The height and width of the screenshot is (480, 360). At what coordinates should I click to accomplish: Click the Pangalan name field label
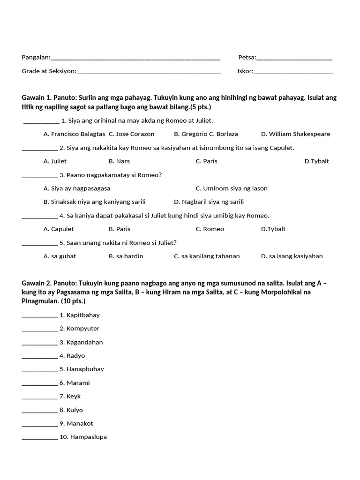(x=36, y=57)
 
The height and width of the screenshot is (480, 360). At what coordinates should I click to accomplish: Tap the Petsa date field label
(x=247, y=57)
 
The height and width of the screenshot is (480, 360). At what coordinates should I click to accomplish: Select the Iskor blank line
(x=293, y=72)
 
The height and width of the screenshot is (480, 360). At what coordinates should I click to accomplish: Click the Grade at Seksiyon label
(x=48, y=71)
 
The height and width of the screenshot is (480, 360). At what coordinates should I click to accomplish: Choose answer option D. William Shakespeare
(x=295, y=134)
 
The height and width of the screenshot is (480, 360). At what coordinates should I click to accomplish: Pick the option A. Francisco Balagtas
(x=74, y=134)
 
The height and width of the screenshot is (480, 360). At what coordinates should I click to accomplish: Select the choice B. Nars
(x=119, y=161)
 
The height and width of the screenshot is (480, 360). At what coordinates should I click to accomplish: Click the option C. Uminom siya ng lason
(x=232, y=188)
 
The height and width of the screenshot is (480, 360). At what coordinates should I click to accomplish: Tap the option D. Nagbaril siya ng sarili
(x=209, y=202)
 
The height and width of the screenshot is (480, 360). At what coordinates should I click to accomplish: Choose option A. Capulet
(x=59, y=229)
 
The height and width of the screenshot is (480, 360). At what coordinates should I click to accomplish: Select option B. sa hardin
(x=126, y=256)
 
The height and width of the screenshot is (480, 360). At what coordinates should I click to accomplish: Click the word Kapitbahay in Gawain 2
(x=83, y=315)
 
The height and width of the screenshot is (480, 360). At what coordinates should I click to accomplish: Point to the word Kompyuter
(x=83, y=329)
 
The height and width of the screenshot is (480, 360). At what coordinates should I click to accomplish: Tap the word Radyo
(x=75, y=356)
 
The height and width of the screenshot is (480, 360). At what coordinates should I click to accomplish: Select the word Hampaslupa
(x=88, y=437)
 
